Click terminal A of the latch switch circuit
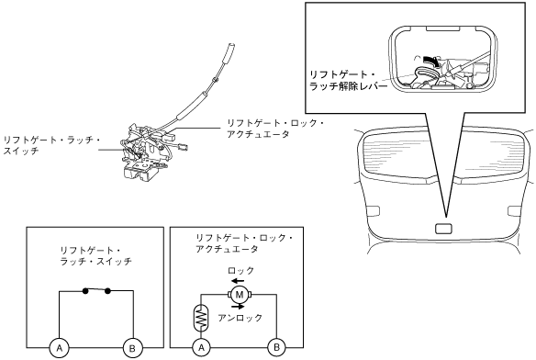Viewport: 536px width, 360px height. [x=59, y=348]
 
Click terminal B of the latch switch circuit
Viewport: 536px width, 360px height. [x=133, y=348]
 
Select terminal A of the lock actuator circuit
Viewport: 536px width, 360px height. [x=201, y=348]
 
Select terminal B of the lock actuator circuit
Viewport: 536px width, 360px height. [x=276, y=348]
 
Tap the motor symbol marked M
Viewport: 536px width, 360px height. [x=240, y=294]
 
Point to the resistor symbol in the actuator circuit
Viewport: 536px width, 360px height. [x=200, y=318]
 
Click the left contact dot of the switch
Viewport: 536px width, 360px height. [x=85, y=291]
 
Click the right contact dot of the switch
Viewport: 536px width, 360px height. [x=108, y=291]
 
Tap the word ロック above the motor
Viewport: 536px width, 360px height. [x=241, y=271]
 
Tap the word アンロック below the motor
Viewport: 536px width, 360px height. [x=240, y=318]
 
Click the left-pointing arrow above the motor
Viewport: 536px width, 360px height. [x=237, y=281]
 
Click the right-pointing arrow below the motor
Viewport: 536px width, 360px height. [x=238, y=307]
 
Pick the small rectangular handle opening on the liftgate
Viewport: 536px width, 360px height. [x=443, y=229]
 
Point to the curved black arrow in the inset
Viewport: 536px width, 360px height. [x=431, y=61]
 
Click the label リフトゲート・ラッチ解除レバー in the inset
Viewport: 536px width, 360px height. [x=348, y=81]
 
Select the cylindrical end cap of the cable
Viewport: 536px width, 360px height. [x=230, y=48]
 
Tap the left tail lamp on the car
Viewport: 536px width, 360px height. [x=373, y=211]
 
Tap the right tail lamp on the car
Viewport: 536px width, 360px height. [x=515, y=211]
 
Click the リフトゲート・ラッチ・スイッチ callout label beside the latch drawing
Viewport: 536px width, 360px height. [x=51, y=145]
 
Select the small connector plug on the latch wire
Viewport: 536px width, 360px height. [x=184, y=148]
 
